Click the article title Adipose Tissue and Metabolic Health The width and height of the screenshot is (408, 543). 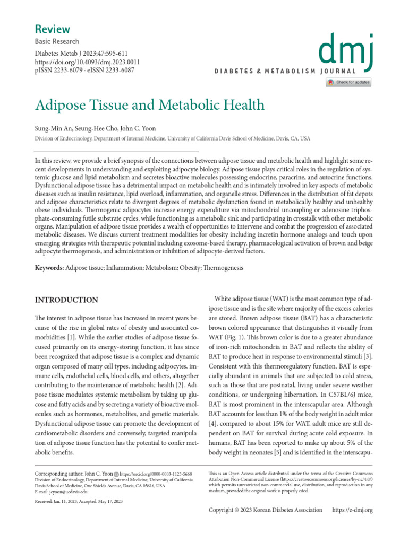(x=149, y=104)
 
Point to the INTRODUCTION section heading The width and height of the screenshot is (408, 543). (x=66, y=300)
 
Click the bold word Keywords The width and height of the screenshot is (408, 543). (x=49, y=268)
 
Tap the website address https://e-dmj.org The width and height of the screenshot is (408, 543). (x=352, y=510)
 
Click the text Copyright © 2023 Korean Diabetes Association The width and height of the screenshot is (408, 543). (x=266, y=510)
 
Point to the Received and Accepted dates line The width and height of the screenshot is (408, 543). (x=79, y=502)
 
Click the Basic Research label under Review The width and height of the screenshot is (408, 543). (x=57, y=41)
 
